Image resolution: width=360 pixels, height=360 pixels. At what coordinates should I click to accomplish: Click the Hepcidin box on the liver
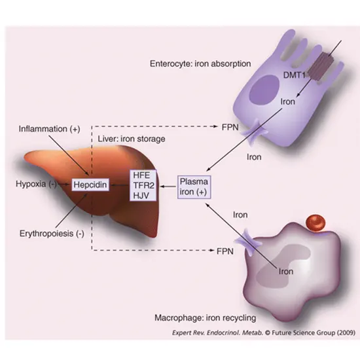click(88, 185)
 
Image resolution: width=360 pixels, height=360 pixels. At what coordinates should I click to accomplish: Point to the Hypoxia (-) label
click(29, 185)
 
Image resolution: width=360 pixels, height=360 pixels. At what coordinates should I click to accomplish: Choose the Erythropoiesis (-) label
click(48, 234)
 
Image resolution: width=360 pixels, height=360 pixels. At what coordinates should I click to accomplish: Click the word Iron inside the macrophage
click(286, 269)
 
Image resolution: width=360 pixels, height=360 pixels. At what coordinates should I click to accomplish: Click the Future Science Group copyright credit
click(252, 333)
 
